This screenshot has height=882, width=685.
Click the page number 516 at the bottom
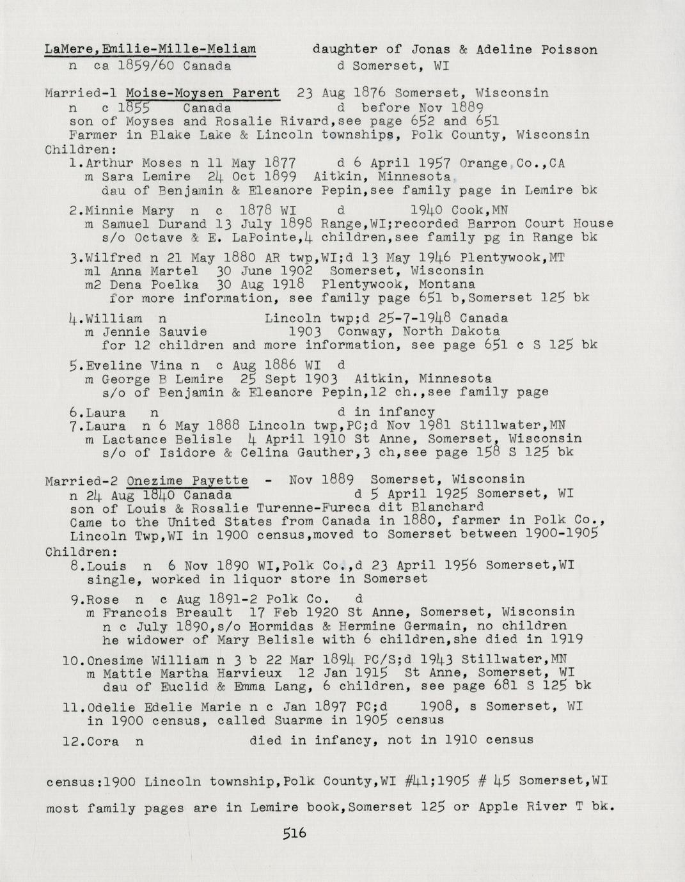coord(294,833)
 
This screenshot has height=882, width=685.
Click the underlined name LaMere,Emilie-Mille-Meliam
coord(150,49)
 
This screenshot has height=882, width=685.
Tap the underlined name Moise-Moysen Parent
coord(203,93)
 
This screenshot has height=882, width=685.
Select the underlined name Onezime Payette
coord(187,480)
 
